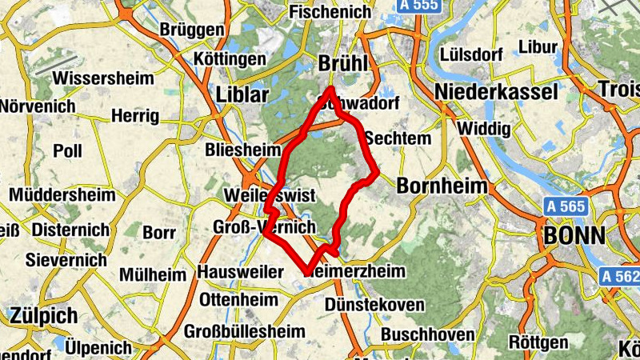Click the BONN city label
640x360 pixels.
coord(574,235)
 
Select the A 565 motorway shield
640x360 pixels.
coord(566,206)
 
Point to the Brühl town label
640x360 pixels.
coord(342,64)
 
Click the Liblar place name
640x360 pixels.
coord(243,94)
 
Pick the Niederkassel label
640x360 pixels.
coord(497,92)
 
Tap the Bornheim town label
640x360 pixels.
coord(442,186)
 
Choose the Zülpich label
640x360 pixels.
coord(43,315)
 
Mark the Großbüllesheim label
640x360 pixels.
coord(244,331)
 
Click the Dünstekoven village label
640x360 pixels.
coord(374,304)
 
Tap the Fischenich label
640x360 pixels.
coord(330,12)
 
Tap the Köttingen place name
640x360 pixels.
coord(230,59)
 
